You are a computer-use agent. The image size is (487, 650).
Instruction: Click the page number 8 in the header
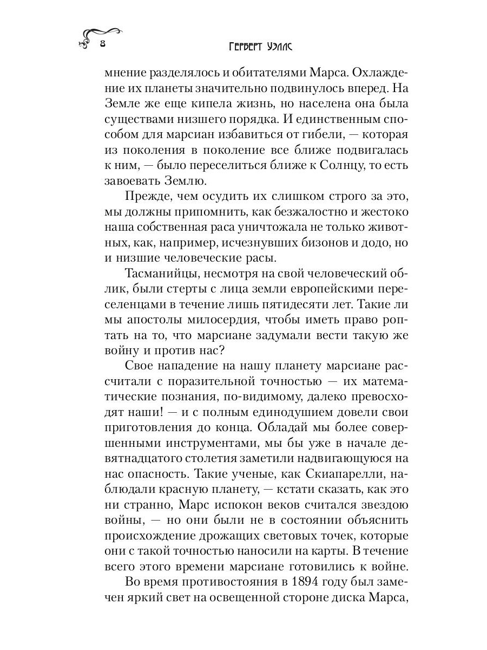pos(102,45)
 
